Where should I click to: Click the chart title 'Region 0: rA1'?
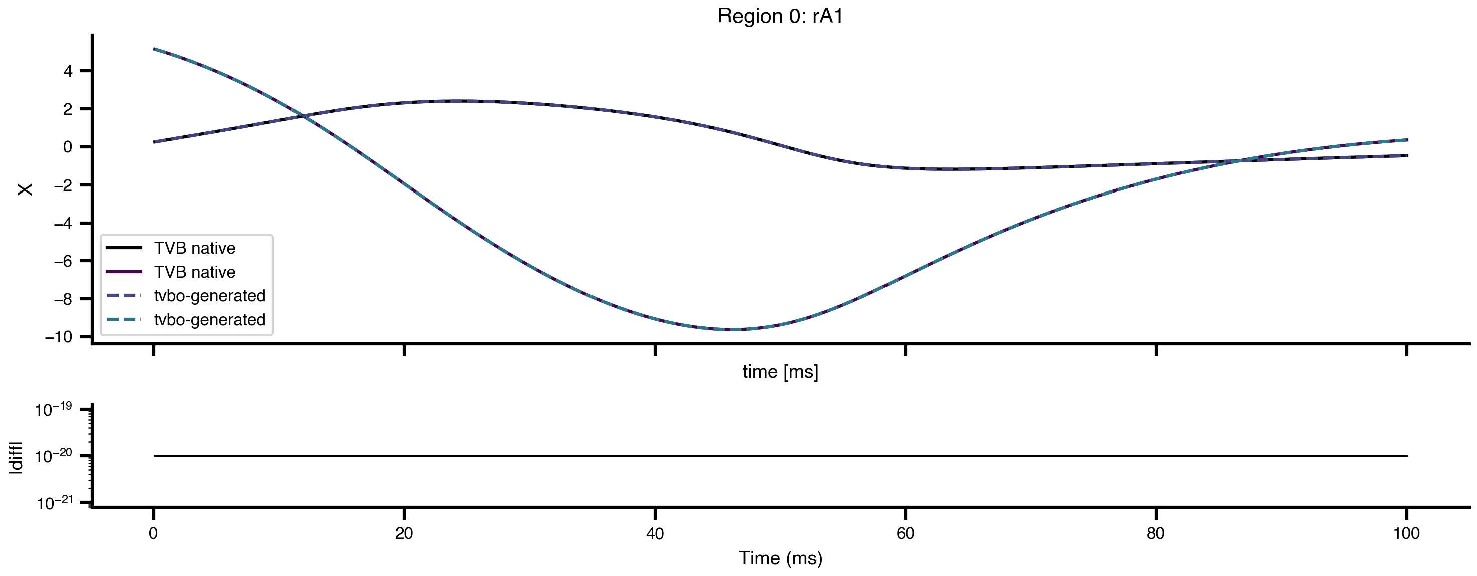pyautogui.click(x=780, y=16)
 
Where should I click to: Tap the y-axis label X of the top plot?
pyautogui.click(x=25, y=189)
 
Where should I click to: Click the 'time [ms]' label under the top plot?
pyautogui.click(x=780, y=372)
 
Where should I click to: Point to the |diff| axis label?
pyautogui.click(x=16, y=457)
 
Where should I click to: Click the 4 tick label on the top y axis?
pyautogui.click(x=68, y=71)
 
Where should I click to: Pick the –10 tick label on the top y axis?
pyautogui.click(x=60, y=337)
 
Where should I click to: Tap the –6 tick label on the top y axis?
pyautogui.click(x=64, y=261)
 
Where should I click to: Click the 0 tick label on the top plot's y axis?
pyautogui.click(x=68, y=147)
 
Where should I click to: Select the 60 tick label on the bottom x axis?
pyautogui.click(x=906, y=533)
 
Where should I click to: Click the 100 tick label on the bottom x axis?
pyautogui.click(x=1406, y=533)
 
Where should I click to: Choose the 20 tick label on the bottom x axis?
pyautogui.click(x=404, y=533)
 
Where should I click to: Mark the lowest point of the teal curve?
pyautogui.click(x=734, y=329)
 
